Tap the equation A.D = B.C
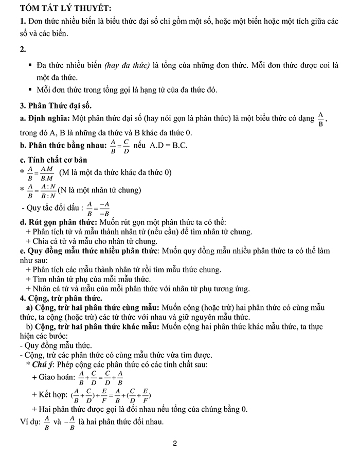(x=169, y=146)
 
